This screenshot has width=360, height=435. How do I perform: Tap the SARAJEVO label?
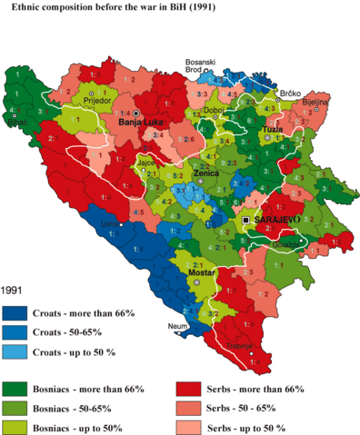coord(276,221)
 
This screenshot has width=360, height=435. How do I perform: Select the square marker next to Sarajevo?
coord(247,221)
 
